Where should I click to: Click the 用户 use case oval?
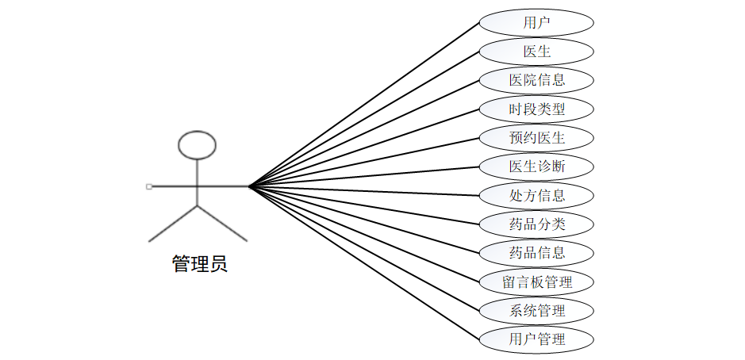[536, 22]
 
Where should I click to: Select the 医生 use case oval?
[536, 52]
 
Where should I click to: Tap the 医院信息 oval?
[536, 80]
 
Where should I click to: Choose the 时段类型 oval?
[536, 109]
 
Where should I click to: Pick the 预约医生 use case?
[536, 137]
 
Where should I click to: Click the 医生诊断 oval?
[536, 167]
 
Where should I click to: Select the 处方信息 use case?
[536, 195]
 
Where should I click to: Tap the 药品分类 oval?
[536, 224]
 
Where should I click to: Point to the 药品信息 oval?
[536, 253]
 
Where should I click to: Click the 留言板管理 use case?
[536, 281]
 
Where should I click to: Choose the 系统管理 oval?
[536, 310]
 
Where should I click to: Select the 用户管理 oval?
[536, 339]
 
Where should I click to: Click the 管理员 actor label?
[199, 264]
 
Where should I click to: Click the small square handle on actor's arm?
[148, 186]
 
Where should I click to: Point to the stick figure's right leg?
[222, 223]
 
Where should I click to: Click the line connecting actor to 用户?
[365, 104]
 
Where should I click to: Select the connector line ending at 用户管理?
[365, 263]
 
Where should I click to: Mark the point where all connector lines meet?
[249, 186]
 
